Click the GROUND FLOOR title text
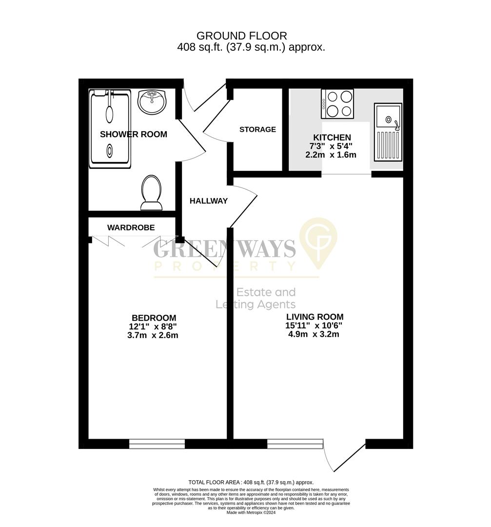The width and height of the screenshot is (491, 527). coord(241,36)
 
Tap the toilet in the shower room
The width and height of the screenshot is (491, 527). coord(152,193)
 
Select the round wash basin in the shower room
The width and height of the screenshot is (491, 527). coord(152,101)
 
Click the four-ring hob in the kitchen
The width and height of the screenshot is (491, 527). coord(337,104)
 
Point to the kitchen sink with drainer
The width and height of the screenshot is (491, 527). coord(388,132)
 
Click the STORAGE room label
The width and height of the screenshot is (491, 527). coord(257,130)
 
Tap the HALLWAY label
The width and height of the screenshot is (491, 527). coord(209,201)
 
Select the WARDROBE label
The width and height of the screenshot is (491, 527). coord(131,228)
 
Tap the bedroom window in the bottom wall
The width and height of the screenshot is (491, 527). coord(157,444)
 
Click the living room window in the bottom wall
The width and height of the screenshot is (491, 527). coord(295,444)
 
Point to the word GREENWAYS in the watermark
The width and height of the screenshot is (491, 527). coord(224,249)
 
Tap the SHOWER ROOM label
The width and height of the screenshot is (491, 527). coord(134,135)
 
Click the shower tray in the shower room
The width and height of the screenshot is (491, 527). coord(110,129)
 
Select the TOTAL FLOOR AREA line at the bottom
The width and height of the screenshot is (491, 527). coord(251,482)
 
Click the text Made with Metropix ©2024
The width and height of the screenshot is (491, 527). coord(251,513)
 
